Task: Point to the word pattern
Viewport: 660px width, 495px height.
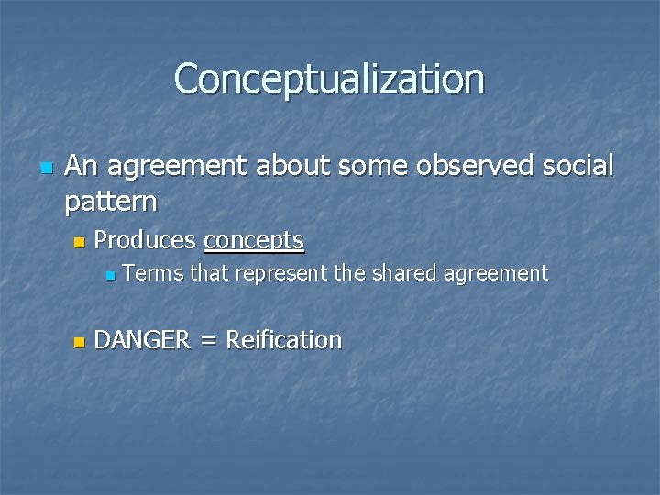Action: click(x=110, y=200)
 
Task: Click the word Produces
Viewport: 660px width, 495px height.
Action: click(x=145, y=240)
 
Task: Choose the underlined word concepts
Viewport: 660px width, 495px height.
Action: click(x=254, y=241)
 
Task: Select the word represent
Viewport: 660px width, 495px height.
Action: click(x=284, y=274)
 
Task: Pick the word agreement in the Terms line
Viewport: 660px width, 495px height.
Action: click(x=500, y=274)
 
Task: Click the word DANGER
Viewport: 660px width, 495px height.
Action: click(x=142, y=340)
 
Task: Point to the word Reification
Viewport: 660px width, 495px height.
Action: click(x=283, y=340)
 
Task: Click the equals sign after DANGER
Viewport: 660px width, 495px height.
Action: click(x=208, y=341)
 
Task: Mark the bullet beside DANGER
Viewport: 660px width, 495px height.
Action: click(x=78, y=342)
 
